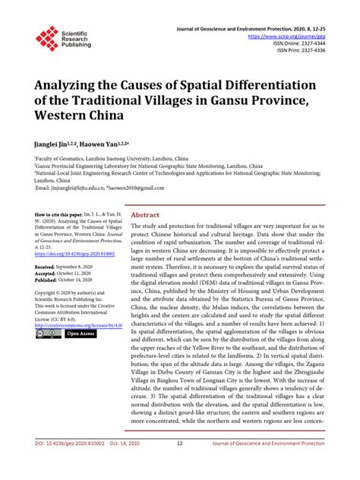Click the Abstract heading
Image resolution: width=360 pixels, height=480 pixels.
(146, 215)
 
